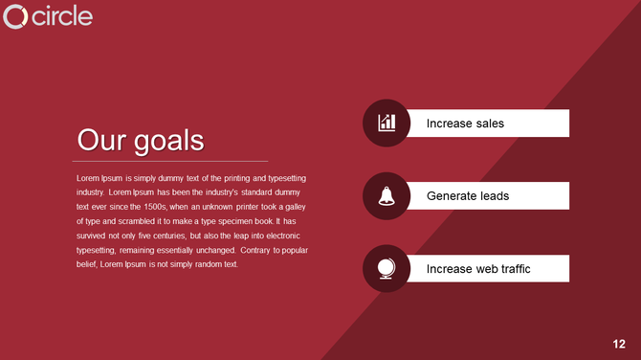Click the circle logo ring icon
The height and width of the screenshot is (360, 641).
[x=15, y=17]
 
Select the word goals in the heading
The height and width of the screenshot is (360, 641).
[x=168, y=142]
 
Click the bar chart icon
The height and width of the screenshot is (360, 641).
[x=387, y=123]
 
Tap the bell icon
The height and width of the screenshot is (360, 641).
[x=387, y=195]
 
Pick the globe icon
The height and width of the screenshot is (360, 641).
[x=387, y=268]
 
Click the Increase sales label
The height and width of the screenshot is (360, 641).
[x=465, y=124]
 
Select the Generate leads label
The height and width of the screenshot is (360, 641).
[x=468, y=196]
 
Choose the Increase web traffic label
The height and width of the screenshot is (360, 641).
[x=478, y=269]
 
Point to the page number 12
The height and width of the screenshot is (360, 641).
[x=620, y=343]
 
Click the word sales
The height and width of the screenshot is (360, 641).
[x=488, y=124]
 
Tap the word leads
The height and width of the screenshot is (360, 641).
[x=495, y=196]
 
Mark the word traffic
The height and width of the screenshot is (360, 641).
[x=511, y=269]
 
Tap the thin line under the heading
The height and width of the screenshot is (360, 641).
[x=172, y=161]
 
